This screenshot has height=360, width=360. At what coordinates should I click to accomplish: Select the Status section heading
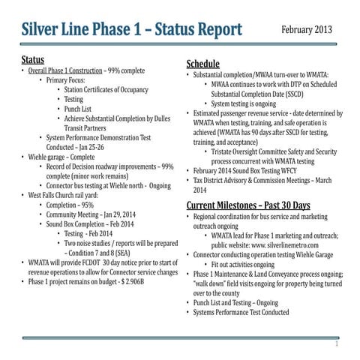coord(32,58)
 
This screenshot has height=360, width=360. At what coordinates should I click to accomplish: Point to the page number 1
coord(337,344)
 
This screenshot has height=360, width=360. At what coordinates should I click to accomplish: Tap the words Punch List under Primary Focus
coord(81,109)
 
